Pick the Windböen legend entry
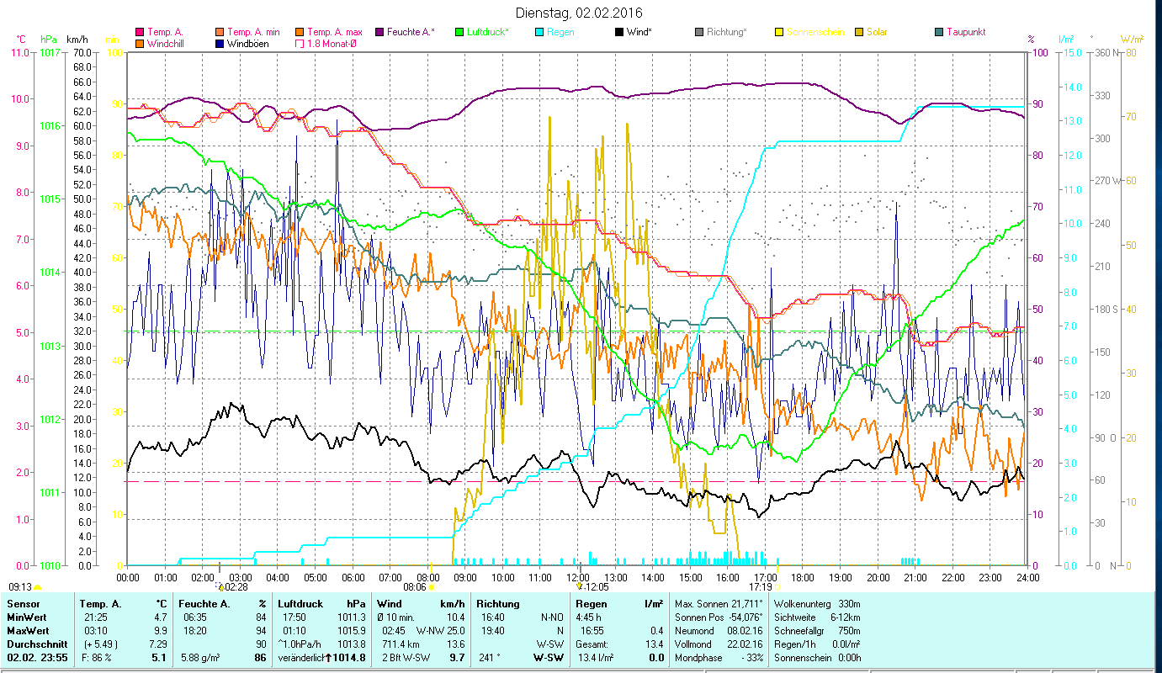[x=247, y=44]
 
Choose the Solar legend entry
[x=876, y=32]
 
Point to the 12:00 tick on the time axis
[x=577, y=578]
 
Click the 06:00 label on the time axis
[x=353, y=578]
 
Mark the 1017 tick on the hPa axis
[x=50, y=52]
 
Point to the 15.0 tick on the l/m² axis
[x=1071, y=52]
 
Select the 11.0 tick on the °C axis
[x=19, y=52]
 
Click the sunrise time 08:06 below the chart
[x=416, y=587]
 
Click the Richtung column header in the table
[x=498, y=604]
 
